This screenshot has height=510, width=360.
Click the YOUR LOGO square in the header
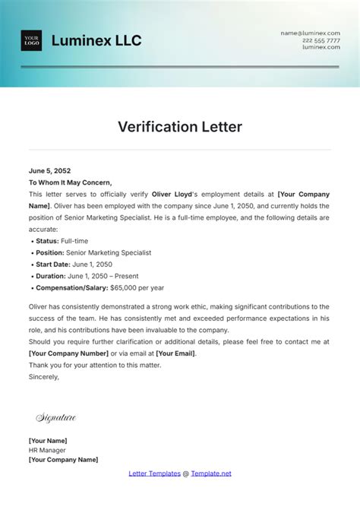point(31,41)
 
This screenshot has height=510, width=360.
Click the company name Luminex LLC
point(96,41)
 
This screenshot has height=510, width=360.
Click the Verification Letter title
point(180,127)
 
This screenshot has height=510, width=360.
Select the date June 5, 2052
point(49,171)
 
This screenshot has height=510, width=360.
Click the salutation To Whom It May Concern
point(70,182)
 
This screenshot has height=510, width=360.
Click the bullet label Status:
point(49,240)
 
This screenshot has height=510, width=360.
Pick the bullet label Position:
point(52,252)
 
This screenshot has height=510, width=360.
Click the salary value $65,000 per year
point(137,288)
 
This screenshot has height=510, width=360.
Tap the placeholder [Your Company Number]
point(67,353)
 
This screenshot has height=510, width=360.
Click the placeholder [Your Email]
point(175,353)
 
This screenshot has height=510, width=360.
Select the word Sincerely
point(43,376)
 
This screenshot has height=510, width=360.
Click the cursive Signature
point(56,418)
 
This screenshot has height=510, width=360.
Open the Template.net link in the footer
point(212,474)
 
